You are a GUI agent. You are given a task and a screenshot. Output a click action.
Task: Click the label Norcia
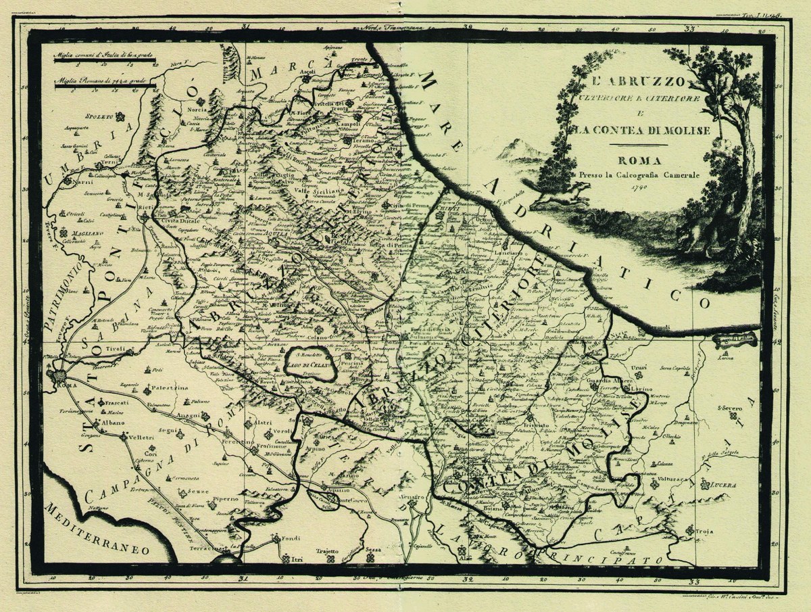coord(180,111)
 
